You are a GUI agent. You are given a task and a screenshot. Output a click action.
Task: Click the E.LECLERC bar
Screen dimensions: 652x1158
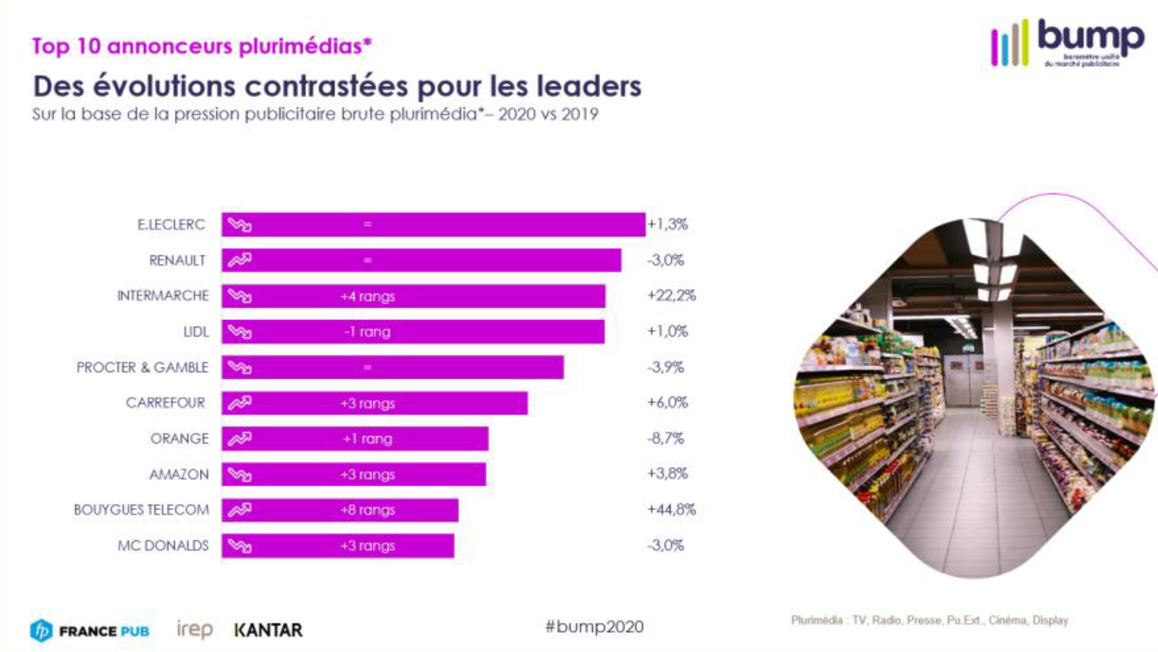(x=433, y=225)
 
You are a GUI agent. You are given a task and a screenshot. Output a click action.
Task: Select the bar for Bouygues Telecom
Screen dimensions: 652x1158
(x=339, y=510)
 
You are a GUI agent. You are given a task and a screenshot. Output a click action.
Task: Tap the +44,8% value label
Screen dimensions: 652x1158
(x=671, y=510)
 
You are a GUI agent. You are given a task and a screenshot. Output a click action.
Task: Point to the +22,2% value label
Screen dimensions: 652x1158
(x=671, y=295)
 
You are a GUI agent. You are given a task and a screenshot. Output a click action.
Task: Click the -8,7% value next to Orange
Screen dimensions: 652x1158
(x=665, y=438)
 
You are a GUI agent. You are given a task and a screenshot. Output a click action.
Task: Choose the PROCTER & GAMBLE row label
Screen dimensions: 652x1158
(x=143, y=367)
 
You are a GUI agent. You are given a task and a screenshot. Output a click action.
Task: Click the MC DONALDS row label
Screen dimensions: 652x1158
(x=163, y=546)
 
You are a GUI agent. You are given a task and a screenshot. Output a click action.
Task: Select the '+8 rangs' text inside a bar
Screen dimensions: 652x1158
(x=367, y=510)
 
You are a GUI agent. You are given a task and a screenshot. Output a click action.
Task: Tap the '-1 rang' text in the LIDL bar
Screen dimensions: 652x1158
(x=367, y=332)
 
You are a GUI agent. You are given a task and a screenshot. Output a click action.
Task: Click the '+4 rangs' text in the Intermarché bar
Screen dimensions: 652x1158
(x=367, y=296)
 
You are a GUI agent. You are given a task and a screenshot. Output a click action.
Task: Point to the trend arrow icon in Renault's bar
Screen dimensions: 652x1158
(x=240, y=260)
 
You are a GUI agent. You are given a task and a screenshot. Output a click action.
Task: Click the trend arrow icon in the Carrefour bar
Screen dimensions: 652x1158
(x=240, y=403)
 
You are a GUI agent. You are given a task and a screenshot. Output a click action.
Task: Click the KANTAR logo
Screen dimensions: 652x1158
(x=268, y=630)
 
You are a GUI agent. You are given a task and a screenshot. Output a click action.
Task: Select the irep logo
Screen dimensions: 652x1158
(x=195, y=629)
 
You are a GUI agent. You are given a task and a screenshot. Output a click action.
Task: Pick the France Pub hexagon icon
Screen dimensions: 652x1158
(x=41, y=630)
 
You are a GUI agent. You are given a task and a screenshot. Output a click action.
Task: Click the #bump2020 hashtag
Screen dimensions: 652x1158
(x=594, y=627)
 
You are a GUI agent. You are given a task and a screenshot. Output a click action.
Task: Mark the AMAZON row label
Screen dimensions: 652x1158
(x=179, y=475)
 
